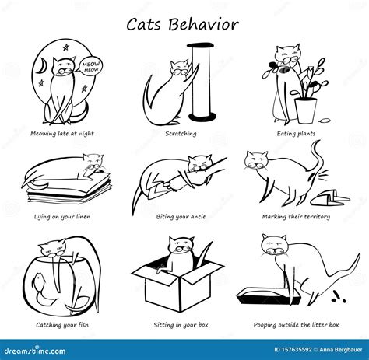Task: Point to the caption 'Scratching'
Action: pos(181,133)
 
